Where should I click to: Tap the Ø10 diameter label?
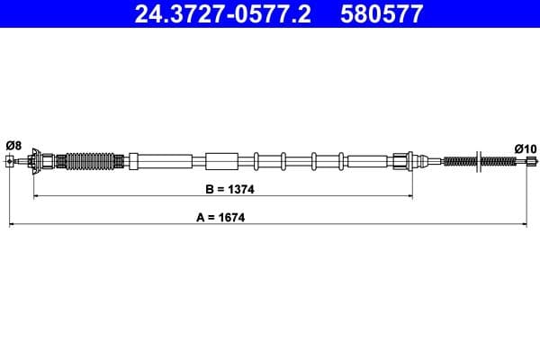coord(525,148)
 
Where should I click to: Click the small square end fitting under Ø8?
coord(10,162)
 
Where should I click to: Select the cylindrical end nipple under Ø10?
coord(530,162)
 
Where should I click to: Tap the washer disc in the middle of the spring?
coord(476,162)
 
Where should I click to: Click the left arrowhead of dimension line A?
coord(12,223)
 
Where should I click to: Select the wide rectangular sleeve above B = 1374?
coord(220,162)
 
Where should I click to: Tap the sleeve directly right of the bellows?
coord(134,162)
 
